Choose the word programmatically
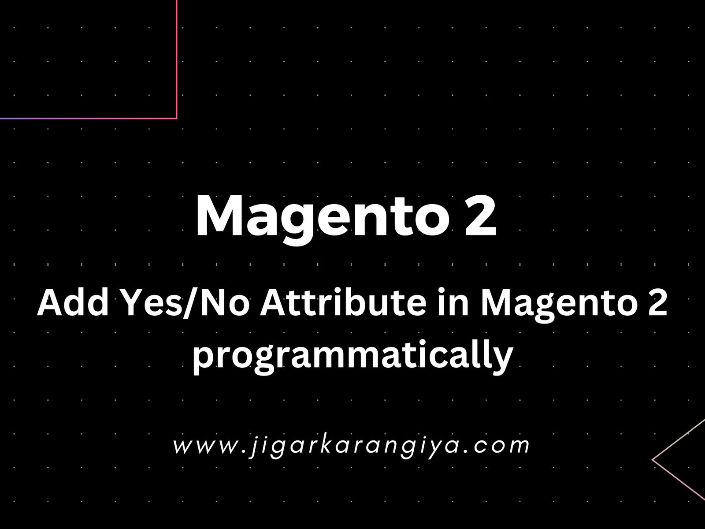[x=352, y=357]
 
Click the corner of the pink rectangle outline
[x=177, y=119]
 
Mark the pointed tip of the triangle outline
[x=652, y=460]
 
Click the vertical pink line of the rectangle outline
[x=177, y=59]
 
